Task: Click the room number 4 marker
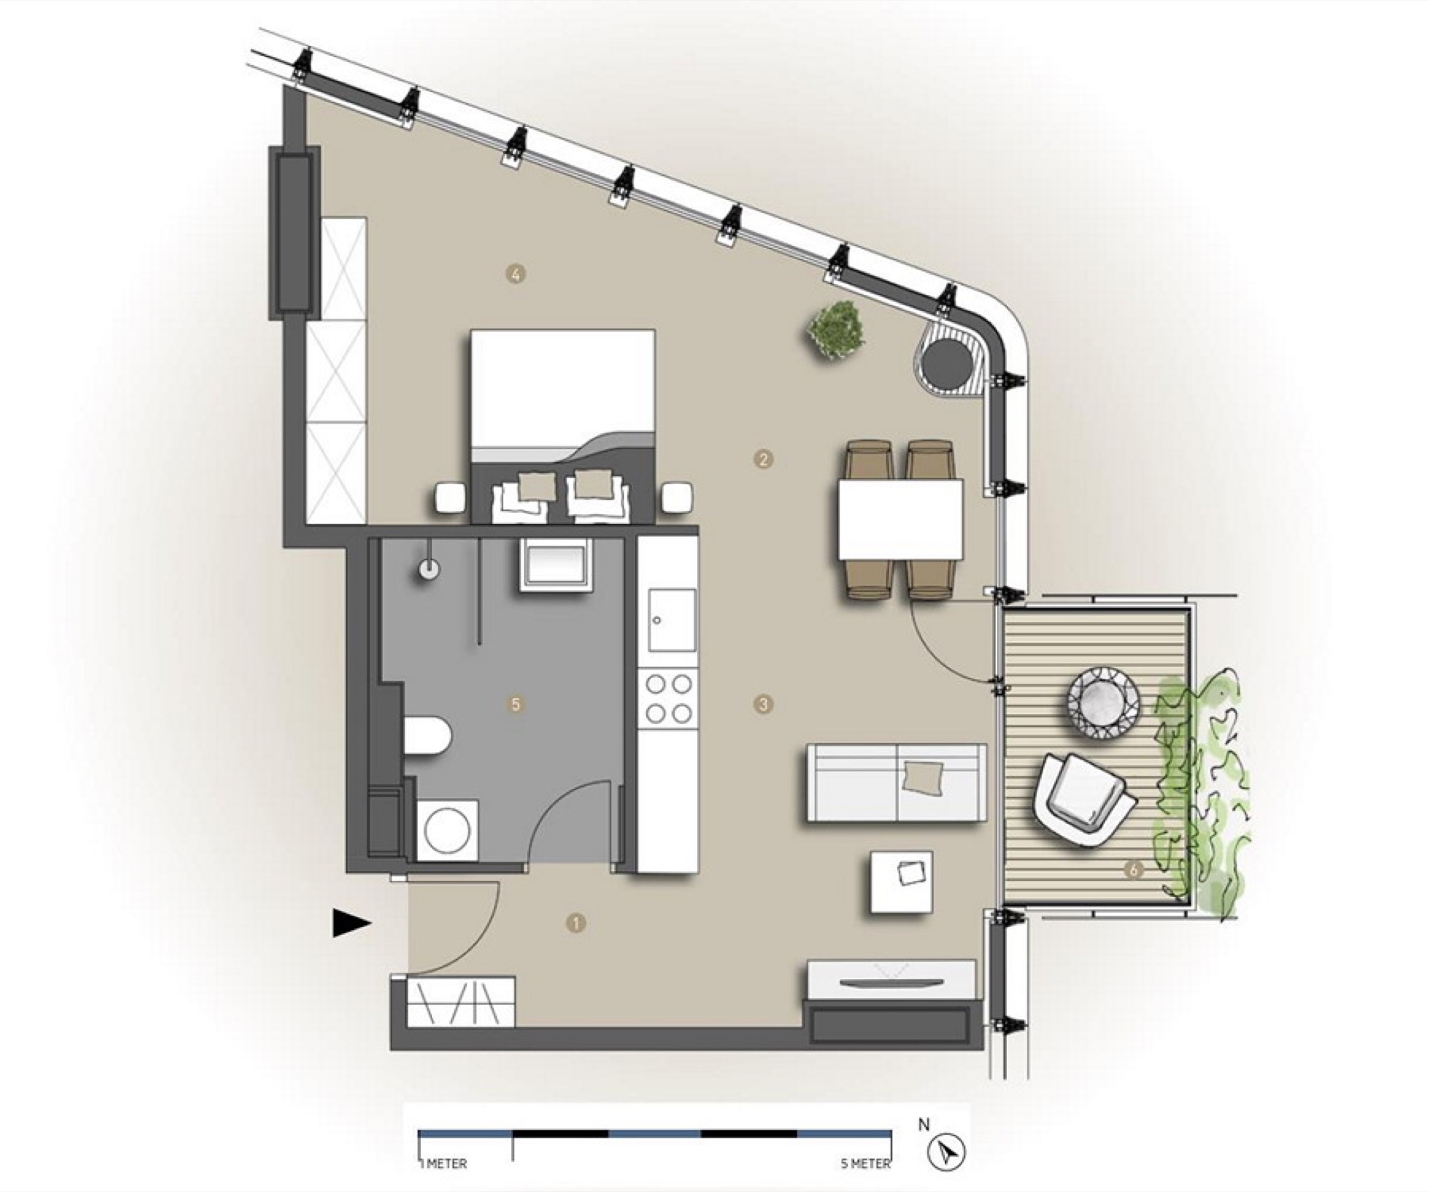point(515,274)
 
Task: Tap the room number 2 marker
point(764,459)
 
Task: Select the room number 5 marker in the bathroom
point(516,704)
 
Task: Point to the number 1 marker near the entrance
point(576,923)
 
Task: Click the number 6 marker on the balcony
point(1134,870)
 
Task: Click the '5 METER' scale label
point(866,1106)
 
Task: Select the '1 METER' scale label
point(443,1106)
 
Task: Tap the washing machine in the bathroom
point(447,831)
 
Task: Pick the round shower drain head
point(429,570)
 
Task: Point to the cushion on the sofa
point(922,776)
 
